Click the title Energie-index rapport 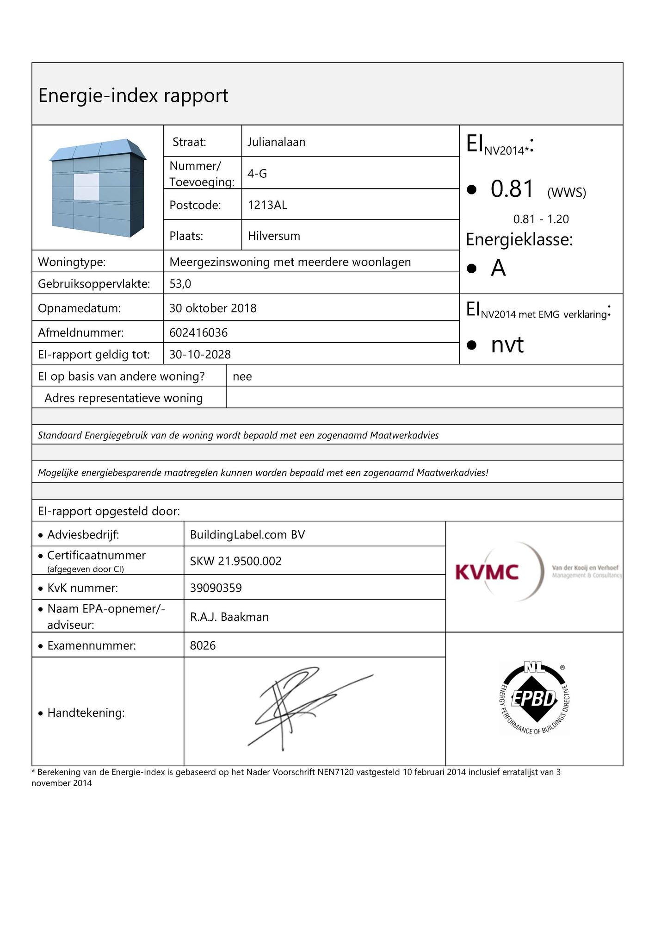pos(133,95)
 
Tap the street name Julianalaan pos(276,142)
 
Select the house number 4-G pos(257,174)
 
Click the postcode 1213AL pos(267,205)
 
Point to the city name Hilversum pos(274,236)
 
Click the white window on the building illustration pos(86,187)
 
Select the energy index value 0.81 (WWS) pos(513,189)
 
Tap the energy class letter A pos(498,268)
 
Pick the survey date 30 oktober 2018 pos(213,308)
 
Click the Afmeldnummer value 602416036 pos(198,332)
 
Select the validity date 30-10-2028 pos(200,354)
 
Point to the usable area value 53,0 pos(180,284)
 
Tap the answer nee pos(242,376)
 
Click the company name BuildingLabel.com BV pos(247,535)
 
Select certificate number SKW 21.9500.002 pos(235,561)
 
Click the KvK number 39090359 pos(216,588)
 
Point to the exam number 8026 pos(203,645)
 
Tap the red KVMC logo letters pos(487,572)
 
